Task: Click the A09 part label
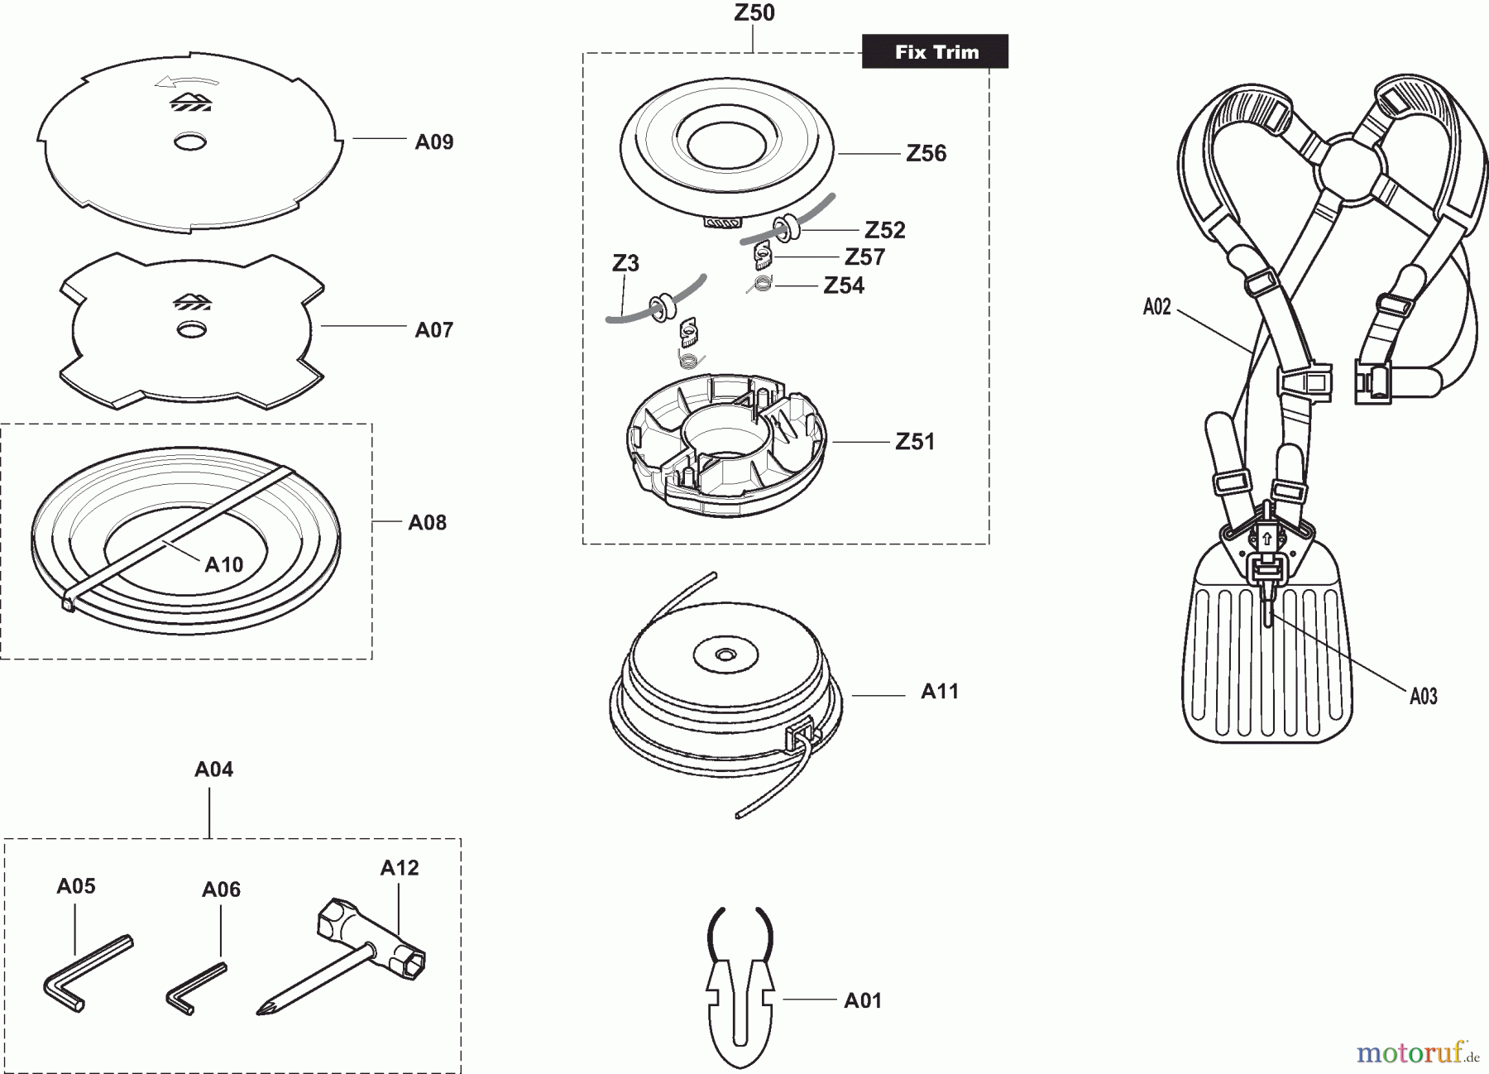tap(433, 142)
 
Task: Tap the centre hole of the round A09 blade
tap(190, 142)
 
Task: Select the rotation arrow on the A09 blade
tap(187, 82)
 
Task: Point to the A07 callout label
tap(433, 330)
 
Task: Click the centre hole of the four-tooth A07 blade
tap(192, 330)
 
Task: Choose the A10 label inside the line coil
tap(223, 565)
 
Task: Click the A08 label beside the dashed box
tap(427, 522)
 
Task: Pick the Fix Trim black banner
tap(936, 52)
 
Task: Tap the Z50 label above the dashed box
tap(754, 13)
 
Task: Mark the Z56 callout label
tap(926, 153)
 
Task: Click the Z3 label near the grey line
tap(625, 263)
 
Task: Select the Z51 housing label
tap(915, 442)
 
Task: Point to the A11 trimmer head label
tap(940, 692)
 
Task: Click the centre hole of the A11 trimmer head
tap(725, 654)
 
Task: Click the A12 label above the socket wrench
tap(400, 868)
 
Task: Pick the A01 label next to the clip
tap(863, 1001)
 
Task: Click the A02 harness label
tap(1156, 308)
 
